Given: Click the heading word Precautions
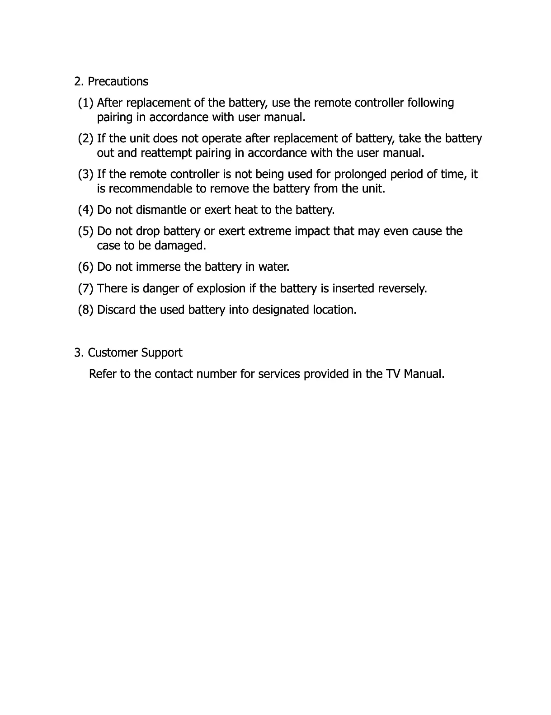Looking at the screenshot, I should pyautogui.click(x=118, y=82).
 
